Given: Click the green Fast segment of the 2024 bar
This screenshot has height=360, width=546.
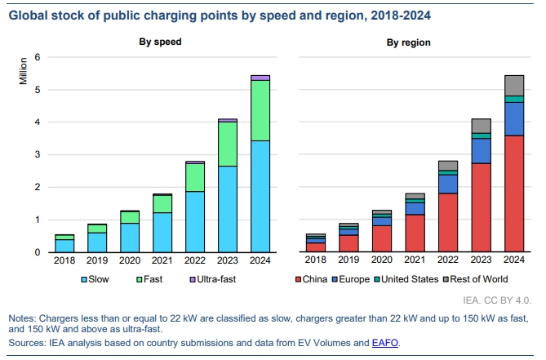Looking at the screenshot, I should pos(260,110).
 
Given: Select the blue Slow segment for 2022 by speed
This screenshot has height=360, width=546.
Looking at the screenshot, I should pos(196,222).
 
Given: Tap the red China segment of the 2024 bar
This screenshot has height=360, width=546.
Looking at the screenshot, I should pos(514,193).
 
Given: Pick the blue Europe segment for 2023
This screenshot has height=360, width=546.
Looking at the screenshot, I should pos(482,150).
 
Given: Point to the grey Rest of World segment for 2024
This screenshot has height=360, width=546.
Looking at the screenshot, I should pos(514,85).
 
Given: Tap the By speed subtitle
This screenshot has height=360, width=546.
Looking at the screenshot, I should pos(159,42).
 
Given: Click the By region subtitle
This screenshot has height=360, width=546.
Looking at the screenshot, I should pos(410,42).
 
